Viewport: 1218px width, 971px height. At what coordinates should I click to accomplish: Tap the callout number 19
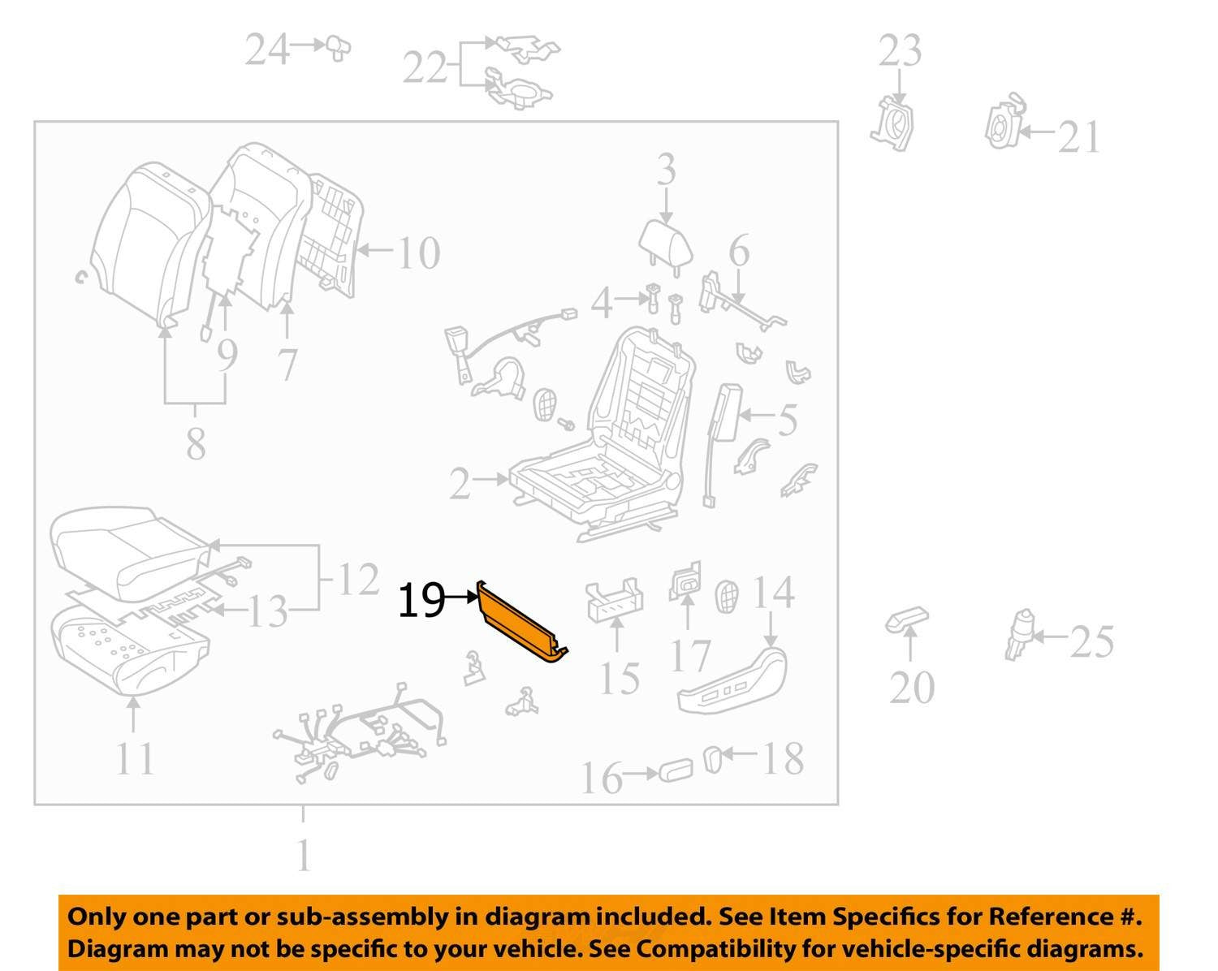[x=421, y=601]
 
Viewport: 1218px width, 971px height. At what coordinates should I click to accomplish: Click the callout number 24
[x=267, y=50]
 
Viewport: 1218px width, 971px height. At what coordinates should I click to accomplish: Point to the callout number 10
[x=419, y=253]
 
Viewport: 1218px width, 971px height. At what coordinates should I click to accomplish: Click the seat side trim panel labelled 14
[x=732, y=680]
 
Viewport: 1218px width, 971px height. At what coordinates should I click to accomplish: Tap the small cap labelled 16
[x=676, y=770]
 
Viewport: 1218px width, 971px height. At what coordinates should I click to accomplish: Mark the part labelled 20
[x=907, y=620]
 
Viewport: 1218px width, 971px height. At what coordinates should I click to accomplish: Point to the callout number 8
[x=196, y=444]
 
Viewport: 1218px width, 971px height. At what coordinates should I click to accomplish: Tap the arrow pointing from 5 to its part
[x=757, y=415]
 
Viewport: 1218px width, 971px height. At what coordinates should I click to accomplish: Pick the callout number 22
[x=425, y=67]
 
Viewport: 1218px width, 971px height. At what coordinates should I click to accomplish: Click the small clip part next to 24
[x=338, y=47]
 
